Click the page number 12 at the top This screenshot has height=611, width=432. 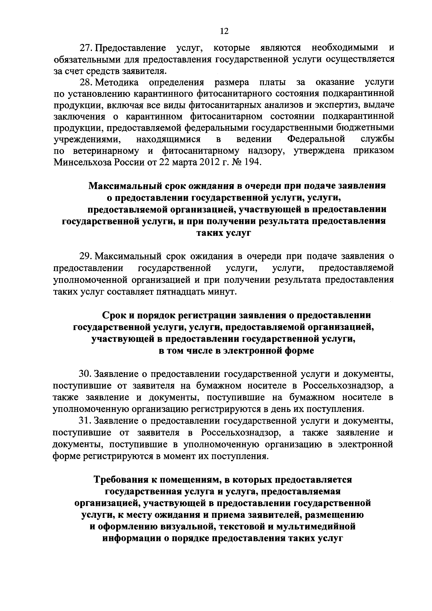point(224,31)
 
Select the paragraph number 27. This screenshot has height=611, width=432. point(86,48)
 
